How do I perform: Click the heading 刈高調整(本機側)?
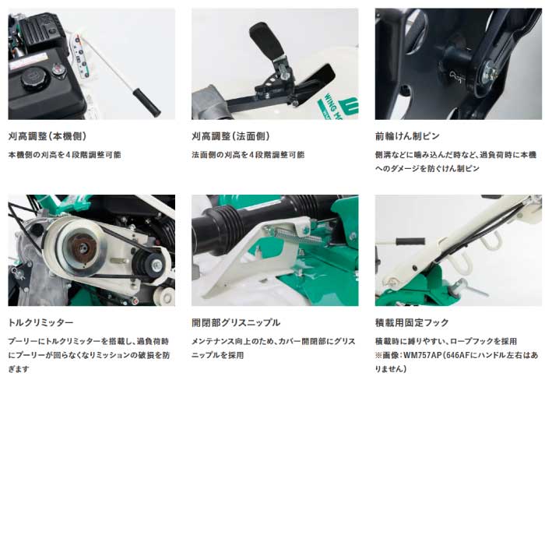(47, 136)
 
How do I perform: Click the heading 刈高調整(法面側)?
(230, 136)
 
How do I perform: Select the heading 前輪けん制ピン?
(407, 136)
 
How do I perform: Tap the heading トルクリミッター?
(40, 322)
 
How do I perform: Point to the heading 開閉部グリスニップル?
(236, 322)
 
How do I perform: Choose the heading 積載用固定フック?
(412, 322)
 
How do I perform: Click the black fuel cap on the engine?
(33, 78)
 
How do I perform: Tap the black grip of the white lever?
(147, 103)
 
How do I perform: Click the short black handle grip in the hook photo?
(410, 241)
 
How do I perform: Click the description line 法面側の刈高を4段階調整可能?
(248, 155)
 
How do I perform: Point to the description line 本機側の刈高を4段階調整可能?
(65, 155)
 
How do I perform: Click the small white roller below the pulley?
(166, 296)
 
